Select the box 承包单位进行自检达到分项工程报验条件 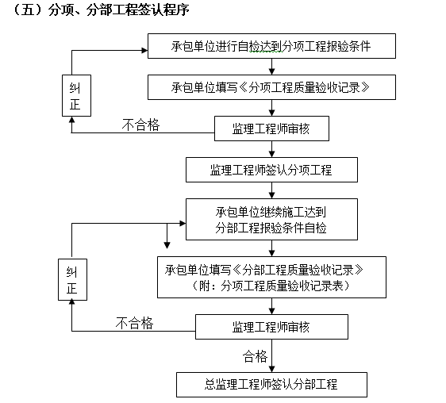[271, 47]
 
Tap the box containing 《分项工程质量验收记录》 [271, 86]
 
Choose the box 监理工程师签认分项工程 [271, 170]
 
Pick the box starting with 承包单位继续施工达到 [271, 220]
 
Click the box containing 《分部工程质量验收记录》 [271, 277]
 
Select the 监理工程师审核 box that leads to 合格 [271, 327]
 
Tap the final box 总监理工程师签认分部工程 [271, 385]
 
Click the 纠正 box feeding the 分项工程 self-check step [74, 96]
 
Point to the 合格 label [256, 355]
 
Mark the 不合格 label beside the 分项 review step [140, 124]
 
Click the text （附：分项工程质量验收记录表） [271, 285]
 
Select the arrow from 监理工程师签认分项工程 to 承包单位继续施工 [271, 190]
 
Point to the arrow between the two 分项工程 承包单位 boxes [271, 67]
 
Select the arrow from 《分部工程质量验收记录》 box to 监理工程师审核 [271, 306]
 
